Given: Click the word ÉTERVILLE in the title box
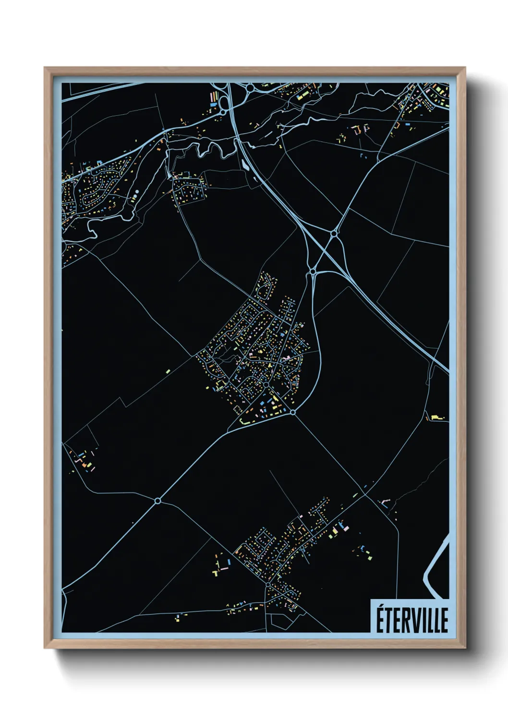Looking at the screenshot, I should coord(411,620).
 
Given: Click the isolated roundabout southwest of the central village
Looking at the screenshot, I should coord(157,501).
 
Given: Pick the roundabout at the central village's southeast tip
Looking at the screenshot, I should coord(293,412).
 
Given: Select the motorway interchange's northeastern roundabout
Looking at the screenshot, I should coord(333,233).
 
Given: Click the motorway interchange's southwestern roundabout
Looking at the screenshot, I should coord(313,272).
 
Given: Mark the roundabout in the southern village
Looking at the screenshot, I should coord(267,584).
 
